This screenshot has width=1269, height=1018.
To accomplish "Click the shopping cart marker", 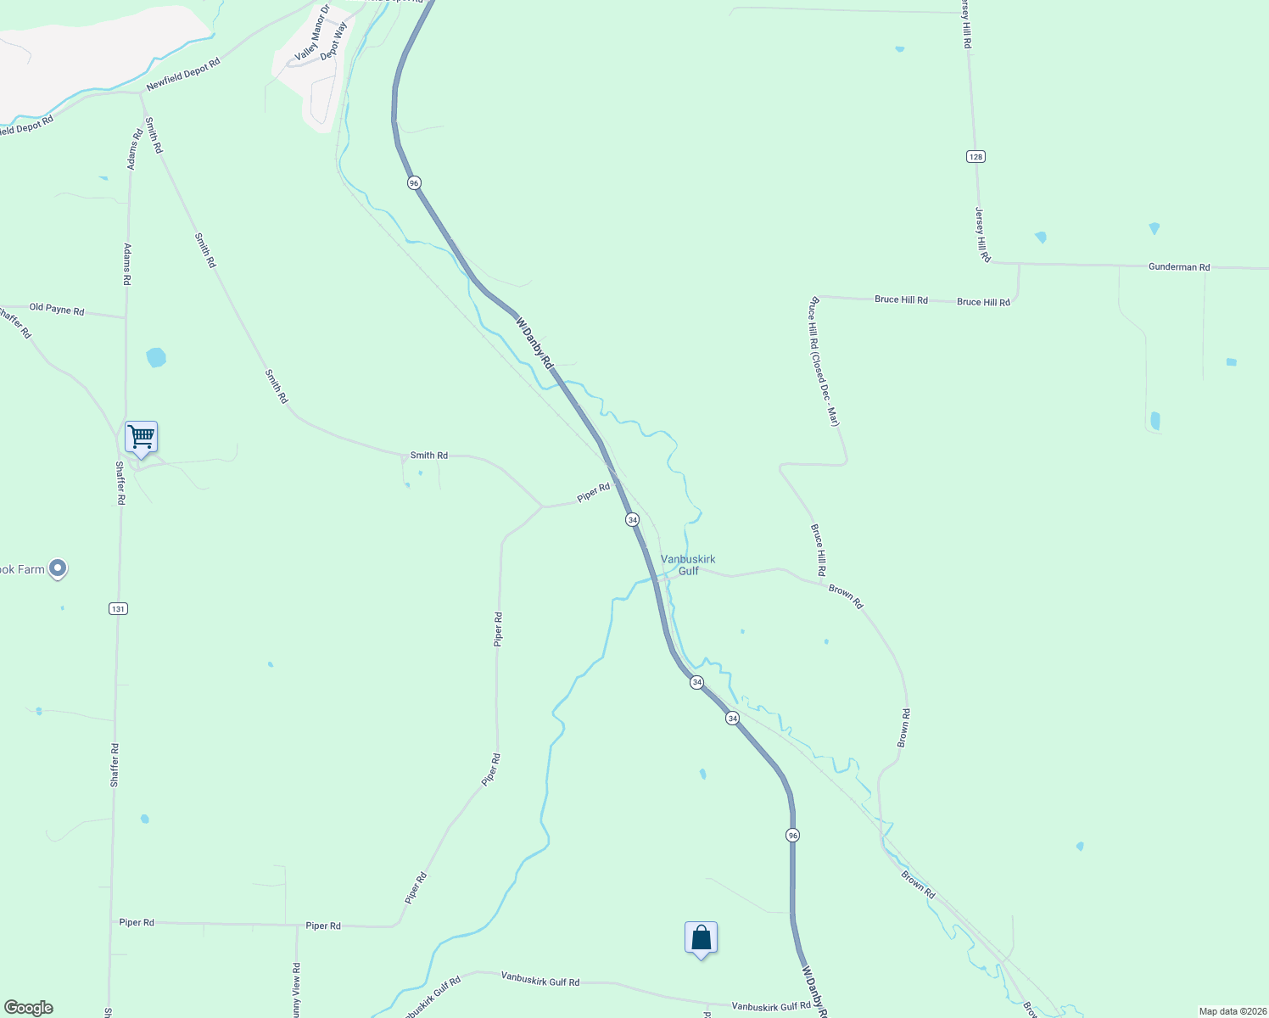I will (141, 438).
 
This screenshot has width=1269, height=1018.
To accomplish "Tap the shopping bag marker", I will (701, 938).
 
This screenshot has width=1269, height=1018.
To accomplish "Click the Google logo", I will (29, 1008).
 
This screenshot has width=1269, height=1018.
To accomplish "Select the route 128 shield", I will (975, 157).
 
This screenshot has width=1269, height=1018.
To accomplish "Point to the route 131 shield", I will (118, 608).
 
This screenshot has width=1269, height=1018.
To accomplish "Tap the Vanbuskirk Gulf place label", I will (688, 565).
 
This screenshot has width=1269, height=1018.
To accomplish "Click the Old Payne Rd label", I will (57, 310).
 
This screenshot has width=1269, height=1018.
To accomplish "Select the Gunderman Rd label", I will (1179, 267).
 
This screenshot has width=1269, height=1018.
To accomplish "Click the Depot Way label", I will (333, 40).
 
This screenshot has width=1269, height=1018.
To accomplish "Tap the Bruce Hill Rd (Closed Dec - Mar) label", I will (824, 361).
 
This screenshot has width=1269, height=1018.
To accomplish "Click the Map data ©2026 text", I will (1232, 1011).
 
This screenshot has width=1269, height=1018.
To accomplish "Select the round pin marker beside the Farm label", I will (58, 568).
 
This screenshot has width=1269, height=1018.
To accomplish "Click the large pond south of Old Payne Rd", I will (156, 357).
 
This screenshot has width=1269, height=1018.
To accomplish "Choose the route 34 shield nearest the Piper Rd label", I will (632, 519).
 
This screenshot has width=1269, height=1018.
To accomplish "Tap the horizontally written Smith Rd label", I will (429, 456).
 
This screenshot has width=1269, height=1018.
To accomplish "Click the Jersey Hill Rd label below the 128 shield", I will (982, 234).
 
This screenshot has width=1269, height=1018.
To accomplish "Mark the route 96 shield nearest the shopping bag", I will (792, 836).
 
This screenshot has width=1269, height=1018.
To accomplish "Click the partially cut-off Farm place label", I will (22, 569).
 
